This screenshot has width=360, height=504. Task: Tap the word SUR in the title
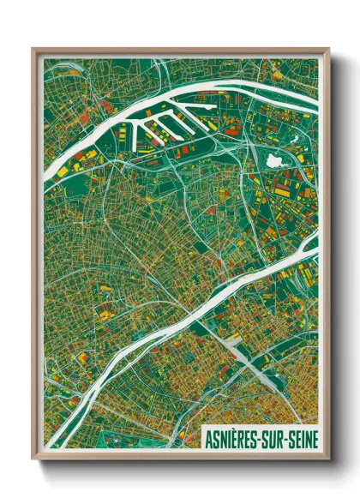pyautogui.click(x=272, y=438)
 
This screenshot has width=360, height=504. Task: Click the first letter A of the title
pyautogui.click(x=210, y=438)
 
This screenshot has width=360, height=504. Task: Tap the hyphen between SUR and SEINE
pyautogui.click(x=285, y=439)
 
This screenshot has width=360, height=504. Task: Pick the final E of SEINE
pyautogui.click(x=315, y=438)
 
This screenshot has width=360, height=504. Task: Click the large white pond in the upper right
pyautogui.click(x=273, y=160)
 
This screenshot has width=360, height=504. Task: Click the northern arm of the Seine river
pyautogui.click(x=171, y=102)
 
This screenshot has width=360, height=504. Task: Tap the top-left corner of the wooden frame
pyautogui.click(x=33, y=50)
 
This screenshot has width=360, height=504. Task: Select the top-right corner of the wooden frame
pyautogui.click(x=327, y=50)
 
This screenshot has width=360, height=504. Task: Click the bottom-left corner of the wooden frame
pyautogui.click(x=33, y=458)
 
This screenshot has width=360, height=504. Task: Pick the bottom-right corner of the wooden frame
pyautogui.click(x=327, y=458)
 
